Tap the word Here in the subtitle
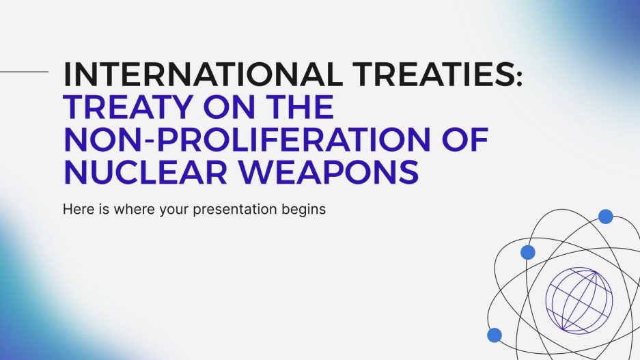(x=75, y=209)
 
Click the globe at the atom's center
(x=579, y=299)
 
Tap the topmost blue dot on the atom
(x=605, y=217)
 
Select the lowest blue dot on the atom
(x=495, y=335)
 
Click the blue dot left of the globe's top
(x=527, y=252)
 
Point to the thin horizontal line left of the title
(x=25, y=70)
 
